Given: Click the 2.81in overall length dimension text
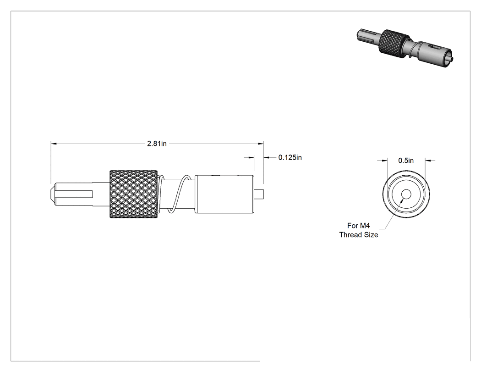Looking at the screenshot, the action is [157, 144].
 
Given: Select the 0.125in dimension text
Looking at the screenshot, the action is [290, 158].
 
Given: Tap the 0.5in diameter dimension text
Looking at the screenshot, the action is [406, 161].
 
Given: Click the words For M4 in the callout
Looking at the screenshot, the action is [358, 226].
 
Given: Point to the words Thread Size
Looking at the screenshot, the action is [358, 235].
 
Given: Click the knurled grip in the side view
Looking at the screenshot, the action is [133, 194].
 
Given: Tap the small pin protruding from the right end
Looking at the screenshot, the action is [259, 194].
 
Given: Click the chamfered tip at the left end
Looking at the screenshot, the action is [53, 194].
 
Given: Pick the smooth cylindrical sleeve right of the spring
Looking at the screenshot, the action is [224, 194].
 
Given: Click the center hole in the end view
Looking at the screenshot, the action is [406, 194].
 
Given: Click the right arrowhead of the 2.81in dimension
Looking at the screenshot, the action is [261, 144].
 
